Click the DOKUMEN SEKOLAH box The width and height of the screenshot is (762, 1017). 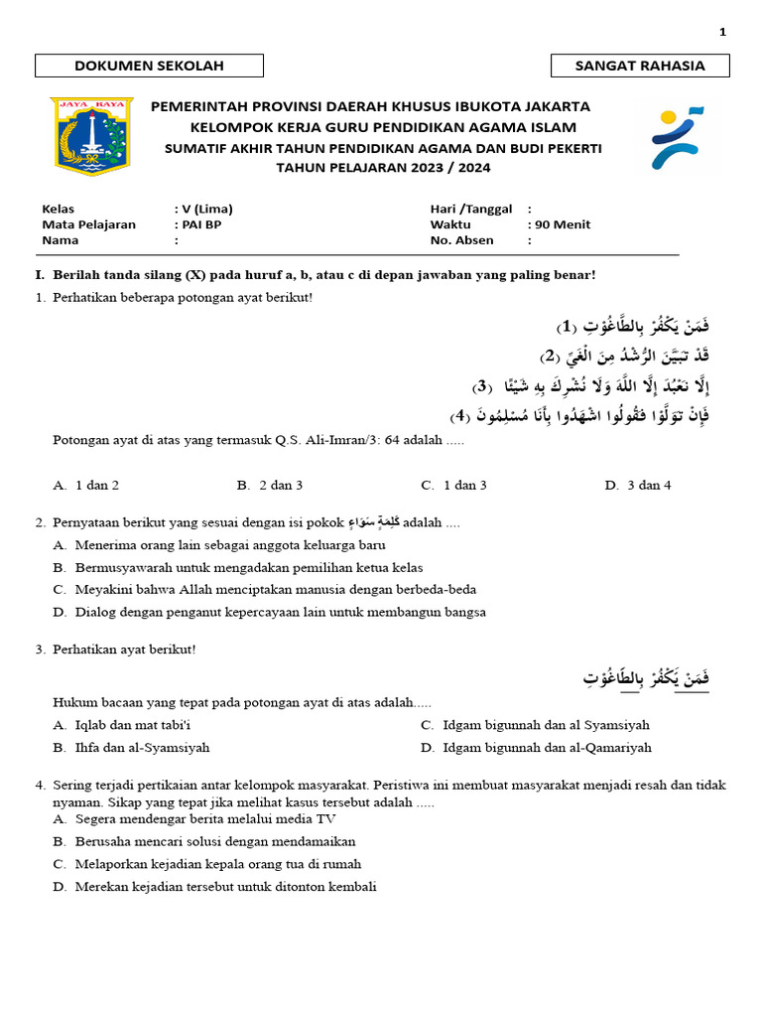click(x=149, y=66)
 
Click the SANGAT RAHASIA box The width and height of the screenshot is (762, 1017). click(x=640, y=66)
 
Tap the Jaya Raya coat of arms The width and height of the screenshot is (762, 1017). click(x=92, y=137)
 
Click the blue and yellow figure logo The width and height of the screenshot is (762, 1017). click(x=677, y=138)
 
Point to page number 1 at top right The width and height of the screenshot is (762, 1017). click(x=723, y=32)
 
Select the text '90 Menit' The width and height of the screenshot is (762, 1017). click(x=563, y=224)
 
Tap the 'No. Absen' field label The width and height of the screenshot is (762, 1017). click(x=461, y=240)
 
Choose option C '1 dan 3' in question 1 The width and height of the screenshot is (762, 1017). click(x=453, y=486)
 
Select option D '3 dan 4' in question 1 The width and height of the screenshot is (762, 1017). click(x=638, y=486)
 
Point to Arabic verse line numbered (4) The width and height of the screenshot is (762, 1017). click(x=579, y=414)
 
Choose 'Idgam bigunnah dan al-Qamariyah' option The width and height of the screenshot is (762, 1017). click(x=536, y=748)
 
